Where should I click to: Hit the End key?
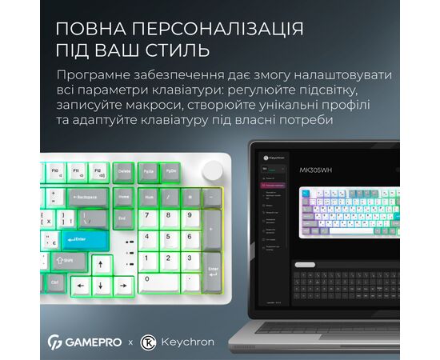(x=123, y=217)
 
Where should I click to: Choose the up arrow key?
(x=101, y=264)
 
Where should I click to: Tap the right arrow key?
(x=123, y=285)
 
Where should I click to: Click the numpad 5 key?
(x=170, y=239)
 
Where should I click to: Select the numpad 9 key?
(x=190, y=217)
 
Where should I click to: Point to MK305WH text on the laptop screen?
(x=315, y=170)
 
